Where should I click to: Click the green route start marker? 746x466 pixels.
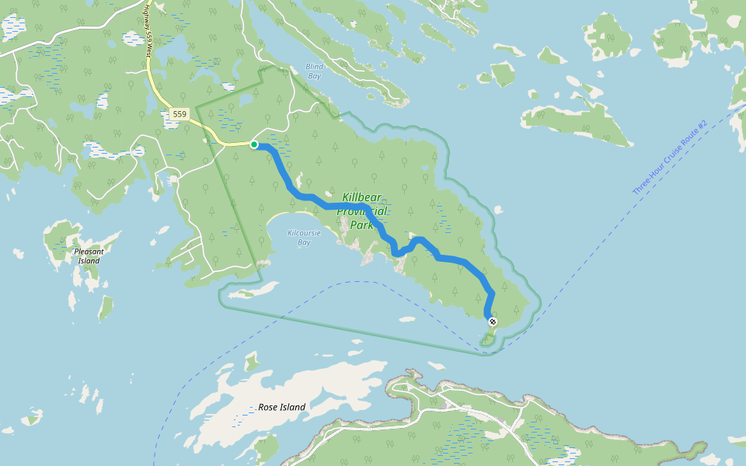(254, 144)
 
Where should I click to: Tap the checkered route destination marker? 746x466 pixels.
(492, 322)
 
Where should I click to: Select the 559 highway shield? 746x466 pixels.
(180, 114)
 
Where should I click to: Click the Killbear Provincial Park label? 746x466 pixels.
(361, 211)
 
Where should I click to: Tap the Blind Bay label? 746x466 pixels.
(314, 71)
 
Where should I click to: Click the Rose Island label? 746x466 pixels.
(281, 407)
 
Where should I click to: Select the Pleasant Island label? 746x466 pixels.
(89, 256)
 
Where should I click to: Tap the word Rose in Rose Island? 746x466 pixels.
(268, 407)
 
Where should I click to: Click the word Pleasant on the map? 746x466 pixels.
(89, 252)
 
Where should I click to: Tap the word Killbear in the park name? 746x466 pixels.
(361, 197)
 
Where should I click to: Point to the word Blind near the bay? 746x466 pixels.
(314, 67)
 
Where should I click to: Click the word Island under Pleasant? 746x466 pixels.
(89, 261)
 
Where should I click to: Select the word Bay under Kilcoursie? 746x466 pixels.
(304, 242)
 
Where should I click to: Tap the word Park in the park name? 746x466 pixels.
(361, 225)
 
